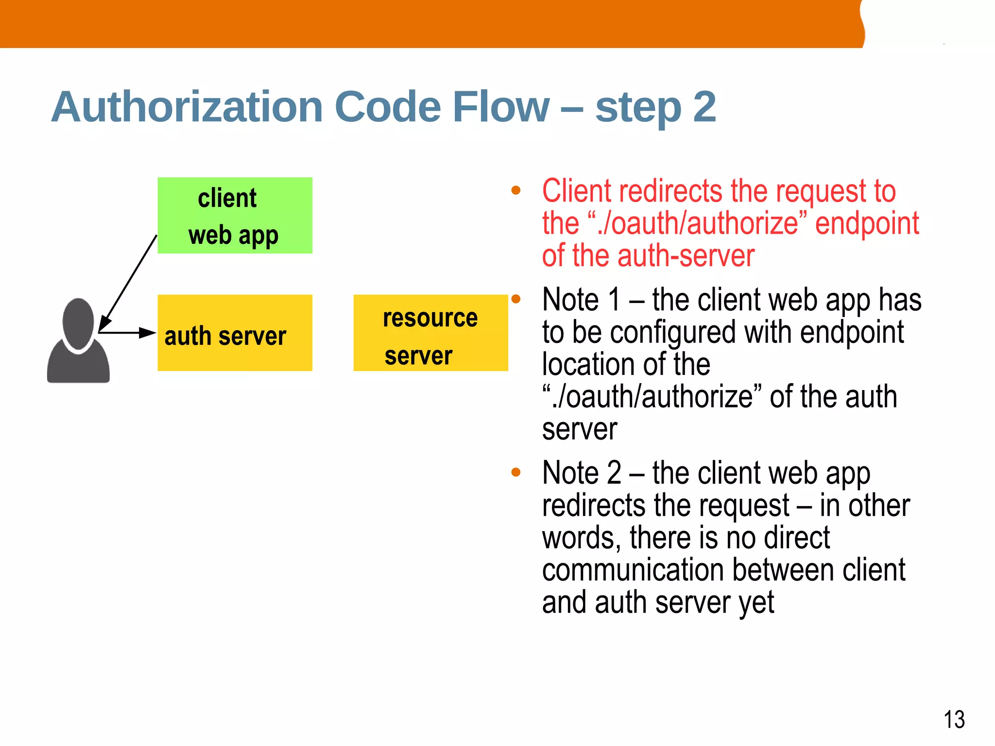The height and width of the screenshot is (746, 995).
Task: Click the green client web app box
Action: (235, 215)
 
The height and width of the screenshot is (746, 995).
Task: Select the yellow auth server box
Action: (235, 333)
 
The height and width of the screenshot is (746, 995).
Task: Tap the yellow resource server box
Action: (430, 333)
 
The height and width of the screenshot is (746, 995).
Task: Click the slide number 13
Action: (954, 719)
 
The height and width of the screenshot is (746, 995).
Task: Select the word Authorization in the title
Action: (187, 107)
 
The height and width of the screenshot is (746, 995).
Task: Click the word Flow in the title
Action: (501, 107)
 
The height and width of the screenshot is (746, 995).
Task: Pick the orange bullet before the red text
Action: (516, 190)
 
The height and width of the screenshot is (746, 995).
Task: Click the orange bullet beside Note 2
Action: (516, 472)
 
